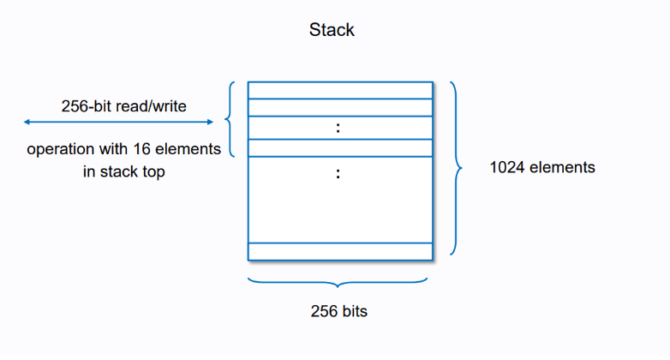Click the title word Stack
[332, 30]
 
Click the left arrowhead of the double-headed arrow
[27, 122]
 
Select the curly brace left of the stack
[230, 120]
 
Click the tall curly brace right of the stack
[457, 169]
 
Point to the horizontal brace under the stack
[340, 284]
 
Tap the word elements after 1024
[562, 168]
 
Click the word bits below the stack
[355, 311]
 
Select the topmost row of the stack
[340, 90]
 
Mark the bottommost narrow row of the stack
[340, 251]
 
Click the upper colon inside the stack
[339, 129]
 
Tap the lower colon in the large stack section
[339, 174]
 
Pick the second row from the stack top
[340, 107]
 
